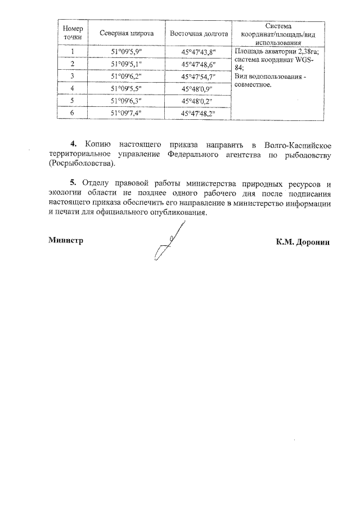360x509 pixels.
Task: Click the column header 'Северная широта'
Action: (x=127, y=34)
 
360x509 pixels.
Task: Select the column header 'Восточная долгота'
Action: (x=199, y=34)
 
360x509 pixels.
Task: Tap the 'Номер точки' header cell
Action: (x=73, y=33)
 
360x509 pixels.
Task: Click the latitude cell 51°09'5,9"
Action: (x=127, y=52)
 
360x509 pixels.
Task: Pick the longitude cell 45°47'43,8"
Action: (x=199, y=52)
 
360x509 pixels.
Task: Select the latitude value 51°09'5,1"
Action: (x=127, y=64)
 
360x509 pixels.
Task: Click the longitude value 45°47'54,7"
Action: (x=199, y=76)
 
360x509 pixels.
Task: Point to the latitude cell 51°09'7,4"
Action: (x=127, y=113)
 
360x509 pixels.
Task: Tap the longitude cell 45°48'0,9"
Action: (x=199, y=89)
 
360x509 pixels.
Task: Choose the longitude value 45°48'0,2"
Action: (x=199, y=101)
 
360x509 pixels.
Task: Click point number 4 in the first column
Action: (x=73, y=88)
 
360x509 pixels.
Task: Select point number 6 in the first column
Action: (x=73, y=112)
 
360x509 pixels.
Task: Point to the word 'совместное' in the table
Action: (x=253, y=85)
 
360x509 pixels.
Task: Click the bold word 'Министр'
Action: (x=66, y=240)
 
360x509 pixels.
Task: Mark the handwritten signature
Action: (x=169, y=242)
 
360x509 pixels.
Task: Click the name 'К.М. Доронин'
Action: (x=303, y=242)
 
